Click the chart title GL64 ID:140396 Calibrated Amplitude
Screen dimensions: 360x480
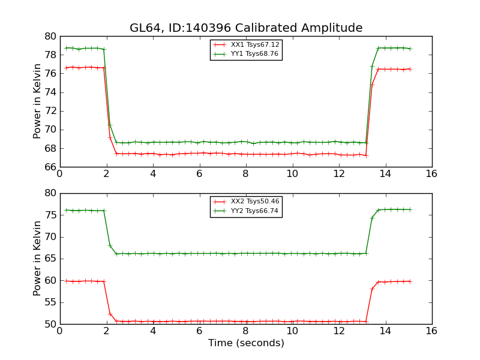coord(246,28)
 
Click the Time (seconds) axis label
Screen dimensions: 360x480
coord(246,343)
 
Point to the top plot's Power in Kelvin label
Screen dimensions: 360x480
coord(38,101)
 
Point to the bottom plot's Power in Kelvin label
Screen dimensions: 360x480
coord(38,258)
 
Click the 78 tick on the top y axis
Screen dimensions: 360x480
coord(50,55)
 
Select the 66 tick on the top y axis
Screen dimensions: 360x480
coord(50,167)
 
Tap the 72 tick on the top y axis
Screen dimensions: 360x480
coord(50,111)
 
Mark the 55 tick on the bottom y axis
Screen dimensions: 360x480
coord(50,302)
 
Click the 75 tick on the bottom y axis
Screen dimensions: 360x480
coord(50,215)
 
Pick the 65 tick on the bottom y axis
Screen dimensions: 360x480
coord(50,259)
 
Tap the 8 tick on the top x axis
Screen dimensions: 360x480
coord(246,175)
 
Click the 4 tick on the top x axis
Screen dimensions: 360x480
coord(153,175)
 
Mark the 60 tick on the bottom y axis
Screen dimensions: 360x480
coord(50,280)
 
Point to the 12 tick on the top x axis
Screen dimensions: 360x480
coord(339,175)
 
